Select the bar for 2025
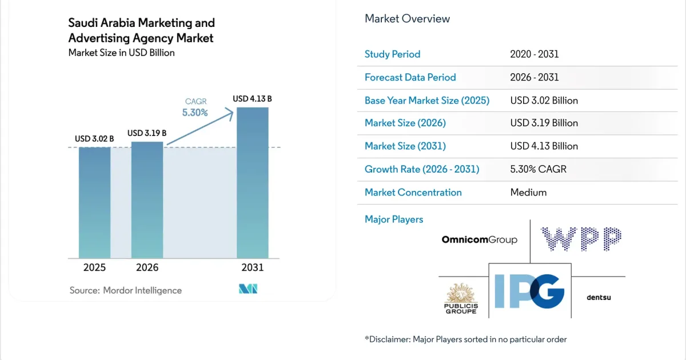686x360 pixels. [95, 203]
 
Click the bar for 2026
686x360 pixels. [147, 200]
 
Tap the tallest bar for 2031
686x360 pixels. [253, 183]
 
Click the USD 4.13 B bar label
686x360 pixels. [252, 99]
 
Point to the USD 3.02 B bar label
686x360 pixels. [94, 139]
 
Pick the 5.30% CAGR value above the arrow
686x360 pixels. [195, 113]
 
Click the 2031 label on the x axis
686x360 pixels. [252, 267]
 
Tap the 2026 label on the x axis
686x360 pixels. [147, 267]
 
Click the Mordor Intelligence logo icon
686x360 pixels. [248, 289]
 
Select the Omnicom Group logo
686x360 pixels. [479, 239]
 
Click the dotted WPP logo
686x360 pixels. [581, 239]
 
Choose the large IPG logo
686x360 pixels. [529, 291]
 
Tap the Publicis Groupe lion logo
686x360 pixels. [461, 298]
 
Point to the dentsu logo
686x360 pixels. [599, 298]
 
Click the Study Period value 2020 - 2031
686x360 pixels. [535, 54]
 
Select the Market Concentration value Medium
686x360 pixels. [528, 193]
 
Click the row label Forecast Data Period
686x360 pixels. [410, 78]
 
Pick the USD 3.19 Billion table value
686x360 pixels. [544, 123]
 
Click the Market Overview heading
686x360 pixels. [407, 19]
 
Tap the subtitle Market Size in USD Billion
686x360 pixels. [122, 53]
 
